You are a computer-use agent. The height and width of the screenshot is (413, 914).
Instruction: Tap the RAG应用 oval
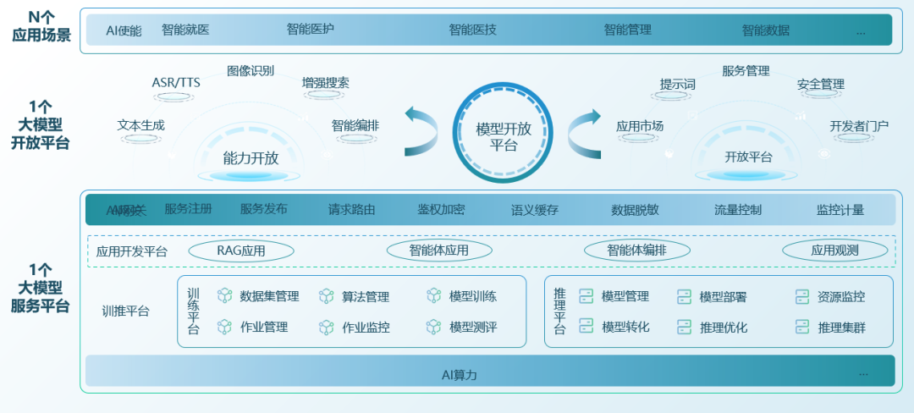point(241,251)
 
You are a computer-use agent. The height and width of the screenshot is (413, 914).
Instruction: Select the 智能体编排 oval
point(636,251)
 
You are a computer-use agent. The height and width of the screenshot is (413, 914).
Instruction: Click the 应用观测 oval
point(834,251)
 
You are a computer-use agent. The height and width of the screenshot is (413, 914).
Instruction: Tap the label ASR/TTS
point(176,82)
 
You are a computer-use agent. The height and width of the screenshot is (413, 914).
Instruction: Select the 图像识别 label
point(251,71)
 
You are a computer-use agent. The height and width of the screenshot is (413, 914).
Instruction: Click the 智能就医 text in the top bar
point(185,30)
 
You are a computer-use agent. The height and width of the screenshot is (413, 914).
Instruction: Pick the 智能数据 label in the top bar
point(766,30)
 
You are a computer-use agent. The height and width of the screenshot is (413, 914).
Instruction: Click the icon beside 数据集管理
point(225,296)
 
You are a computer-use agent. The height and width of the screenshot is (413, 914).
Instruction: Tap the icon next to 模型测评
point(433,327)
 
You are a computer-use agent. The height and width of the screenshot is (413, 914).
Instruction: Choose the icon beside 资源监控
point(802,296)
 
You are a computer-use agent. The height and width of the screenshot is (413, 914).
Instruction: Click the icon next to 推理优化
point(684,327)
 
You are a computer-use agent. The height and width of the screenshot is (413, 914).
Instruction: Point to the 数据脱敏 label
point(635,210)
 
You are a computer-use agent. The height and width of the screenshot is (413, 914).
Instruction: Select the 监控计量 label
point(840,210)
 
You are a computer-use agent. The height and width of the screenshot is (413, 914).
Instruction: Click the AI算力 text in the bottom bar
point(465,374)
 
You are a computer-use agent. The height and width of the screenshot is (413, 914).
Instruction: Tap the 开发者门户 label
point(859,126)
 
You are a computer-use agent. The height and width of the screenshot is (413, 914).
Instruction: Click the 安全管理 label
point(821,85)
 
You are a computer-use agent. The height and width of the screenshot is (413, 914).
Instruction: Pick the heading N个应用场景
point(41,26)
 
